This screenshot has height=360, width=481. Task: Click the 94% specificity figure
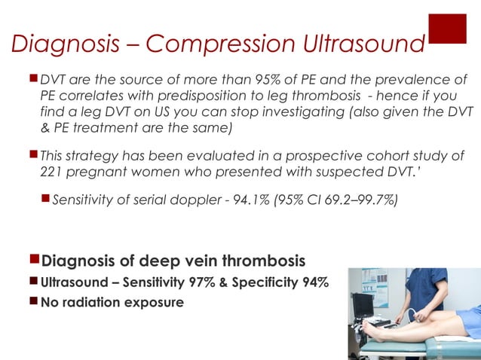point(311,285)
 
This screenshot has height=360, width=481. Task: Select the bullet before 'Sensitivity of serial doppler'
point(45,199)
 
